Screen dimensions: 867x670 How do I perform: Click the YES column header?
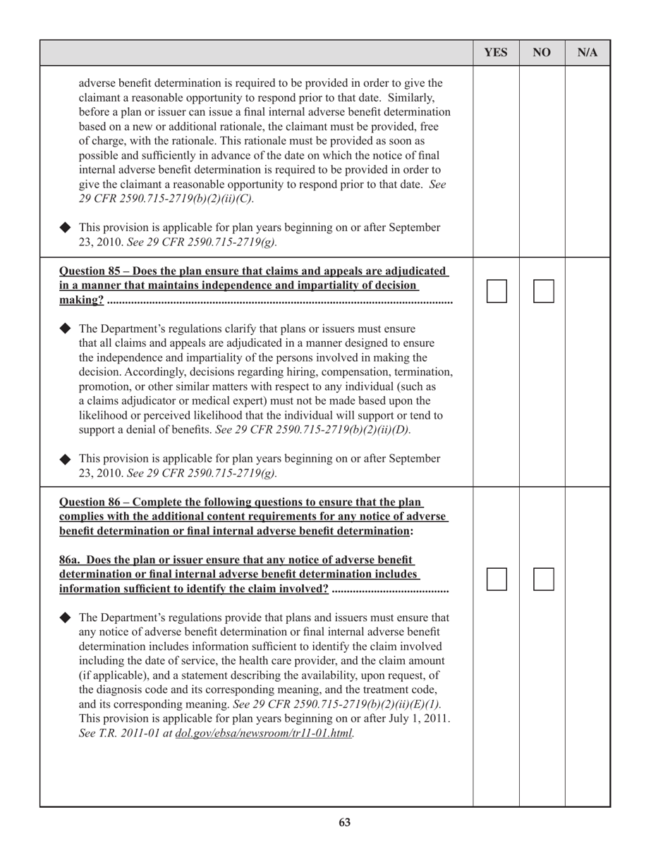point(496,53)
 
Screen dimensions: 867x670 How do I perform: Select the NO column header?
point(542,53)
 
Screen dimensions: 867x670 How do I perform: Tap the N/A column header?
point(587,53)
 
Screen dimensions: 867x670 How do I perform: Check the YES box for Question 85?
point(497,291)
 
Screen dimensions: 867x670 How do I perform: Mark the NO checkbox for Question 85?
point(543,291)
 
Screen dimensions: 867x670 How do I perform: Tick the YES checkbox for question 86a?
point(497,579)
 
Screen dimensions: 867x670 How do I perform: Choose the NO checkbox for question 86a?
point(543,579)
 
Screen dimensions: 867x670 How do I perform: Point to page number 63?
point(344,822)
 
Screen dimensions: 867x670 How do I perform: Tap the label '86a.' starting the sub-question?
point(71,560)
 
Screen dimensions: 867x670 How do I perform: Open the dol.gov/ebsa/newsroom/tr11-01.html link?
point(264,734)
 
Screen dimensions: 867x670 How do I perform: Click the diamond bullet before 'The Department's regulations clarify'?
point(66,329)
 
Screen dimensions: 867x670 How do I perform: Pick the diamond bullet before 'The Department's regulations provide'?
point(66,617)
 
